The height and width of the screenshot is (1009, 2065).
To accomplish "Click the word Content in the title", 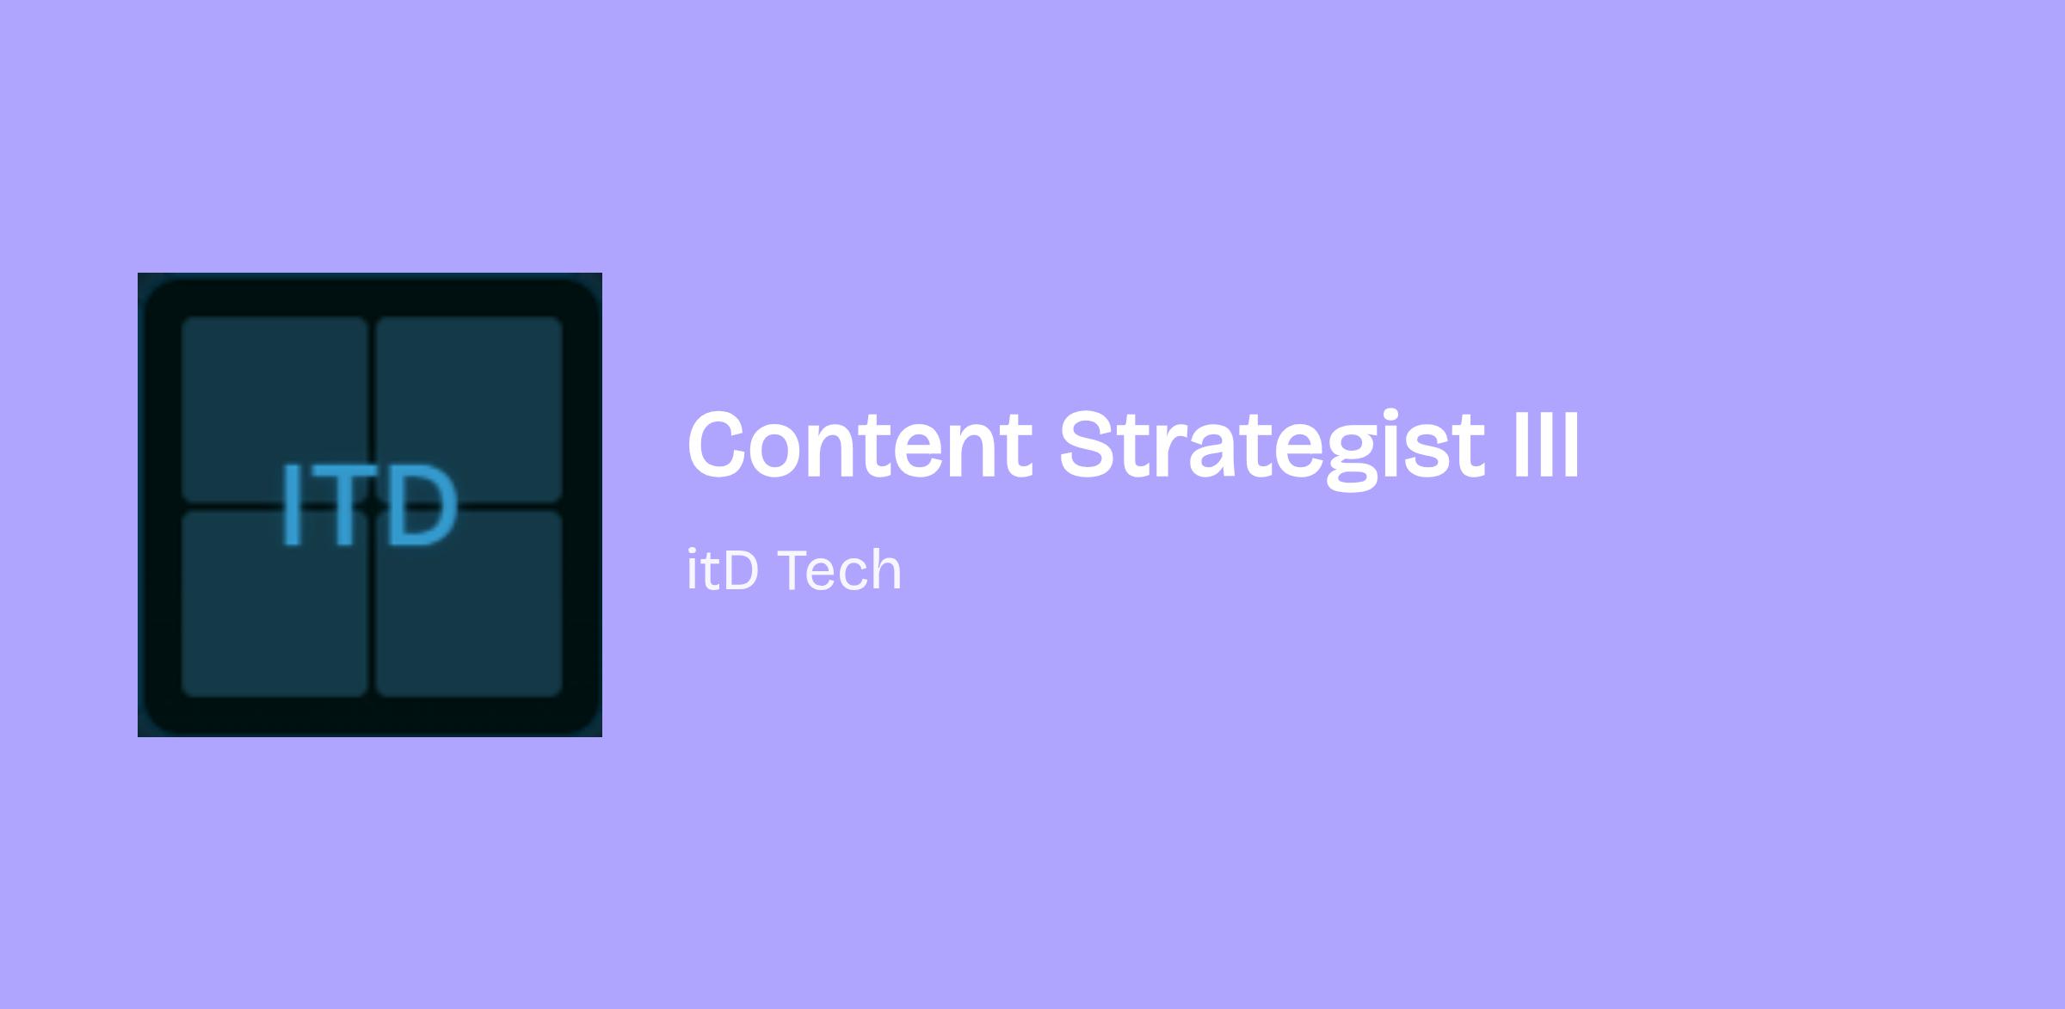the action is point(860,445).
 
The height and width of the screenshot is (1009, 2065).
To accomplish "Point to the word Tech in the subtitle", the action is point(840,570).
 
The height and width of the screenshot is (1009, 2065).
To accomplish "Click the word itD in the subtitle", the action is point(723,570).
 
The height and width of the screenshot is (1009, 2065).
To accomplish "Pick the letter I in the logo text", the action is point(292,505).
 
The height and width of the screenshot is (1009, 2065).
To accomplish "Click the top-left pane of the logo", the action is point(274,409).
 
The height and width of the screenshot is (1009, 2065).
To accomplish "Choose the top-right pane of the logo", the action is point(469,409).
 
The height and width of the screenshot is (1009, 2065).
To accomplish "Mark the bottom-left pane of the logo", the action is point(274,604).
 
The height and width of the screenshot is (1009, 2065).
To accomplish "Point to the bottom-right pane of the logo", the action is point(469,604).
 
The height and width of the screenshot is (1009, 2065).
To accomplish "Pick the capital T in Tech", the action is point(797,570).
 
